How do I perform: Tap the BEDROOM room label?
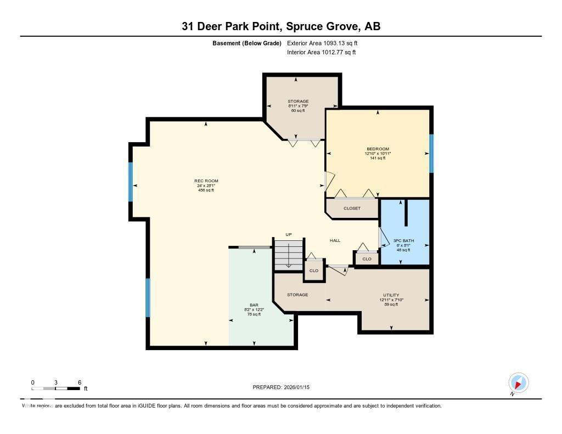pos(378,149)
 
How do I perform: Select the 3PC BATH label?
pos(403,241)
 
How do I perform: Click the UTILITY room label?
pos(391,295)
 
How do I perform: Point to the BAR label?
pos(254,305)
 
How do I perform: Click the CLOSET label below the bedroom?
pos(352,208)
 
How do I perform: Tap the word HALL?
pos(335,240)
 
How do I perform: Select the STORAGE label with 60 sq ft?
pos(298,102)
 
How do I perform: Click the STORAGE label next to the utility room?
pos(297,295)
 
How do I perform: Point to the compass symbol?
pos(518,382)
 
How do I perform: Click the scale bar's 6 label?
pos(80,382)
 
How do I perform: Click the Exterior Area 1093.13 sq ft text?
pos(322,43)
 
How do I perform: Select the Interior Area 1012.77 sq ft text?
pos(321,53)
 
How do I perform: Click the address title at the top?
pos(281,26)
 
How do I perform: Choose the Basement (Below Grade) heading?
pos(246,43)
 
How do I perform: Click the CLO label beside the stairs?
pos(314,270)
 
